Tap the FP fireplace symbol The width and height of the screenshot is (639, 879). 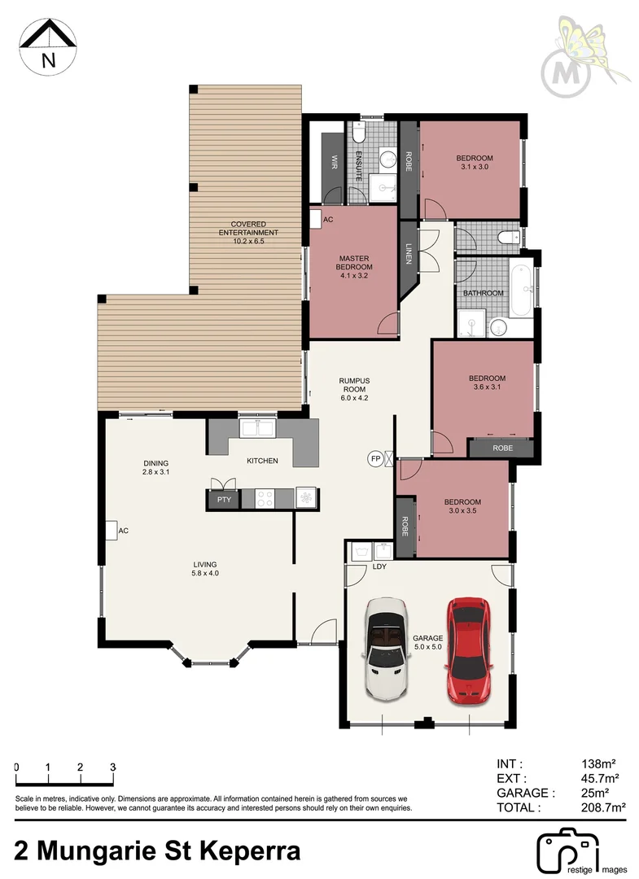tap(376, 458)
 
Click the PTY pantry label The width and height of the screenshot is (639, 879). tap(223, 500)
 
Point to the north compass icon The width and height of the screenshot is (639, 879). tap(48, 46)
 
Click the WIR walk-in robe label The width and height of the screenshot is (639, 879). tap(334, 161)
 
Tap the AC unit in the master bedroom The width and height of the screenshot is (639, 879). tap(316, 219)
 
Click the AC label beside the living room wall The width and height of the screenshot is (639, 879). tap(124, 531)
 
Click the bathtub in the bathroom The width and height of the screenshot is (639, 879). tap(522, 291)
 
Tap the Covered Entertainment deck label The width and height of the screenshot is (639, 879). tap(247, 233)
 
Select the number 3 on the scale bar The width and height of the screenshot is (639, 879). tap(112, 767)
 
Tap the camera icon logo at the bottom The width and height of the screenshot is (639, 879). tap(567, 851)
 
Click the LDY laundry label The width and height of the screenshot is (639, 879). tap(379, 566)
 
